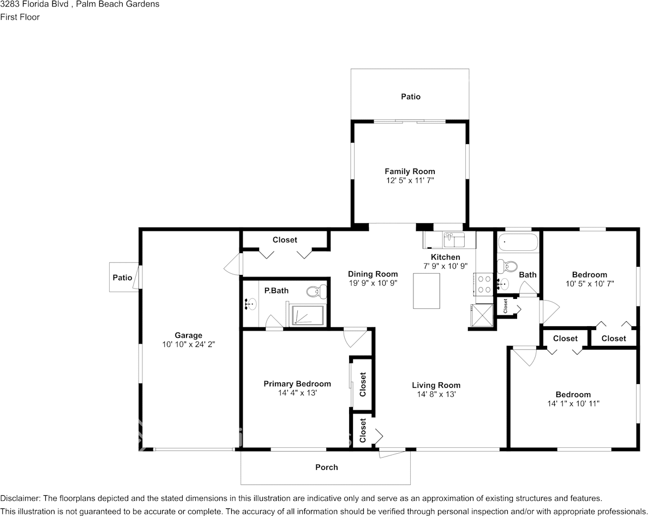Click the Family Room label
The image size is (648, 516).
pyautogui.click(x=410, y=171)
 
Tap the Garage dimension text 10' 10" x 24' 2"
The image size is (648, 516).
pyautogui.click(x=189, y=344)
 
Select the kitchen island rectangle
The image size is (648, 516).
pyautogui.click(x=427, y=290)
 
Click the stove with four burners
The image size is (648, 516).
pyautogui.click(x=484, y=284)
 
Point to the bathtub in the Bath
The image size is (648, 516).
pyautogui.click(x=518, y=242)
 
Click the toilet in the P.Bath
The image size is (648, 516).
pyautogui.click(x=314, y=291)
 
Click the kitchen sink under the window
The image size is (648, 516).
pyautogui.click(x=453, y=238)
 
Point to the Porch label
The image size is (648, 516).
pyautogui.click(x=326, y=467)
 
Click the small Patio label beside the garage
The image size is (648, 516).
pyautogui.click(x=122, y=278)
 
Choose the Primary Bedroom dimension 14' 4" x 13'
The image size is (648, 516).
pyautogui.click(x=297, y=392)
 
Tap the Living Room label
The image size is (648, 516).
pyautogui.click(x=436, y=385)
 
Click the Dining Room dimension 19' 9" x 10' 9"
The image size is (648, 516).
pyautogui.click(x=373, y=283)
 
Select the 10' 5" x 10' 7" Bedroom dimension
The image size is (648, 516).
pyautogui.click(x=589, y=284)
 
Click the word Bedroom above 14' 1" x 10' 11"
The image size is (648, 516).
pyautogui.click(x=573, y=394)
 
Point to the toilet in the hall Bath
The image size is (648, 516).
pyautogui.click(x=510, y=267)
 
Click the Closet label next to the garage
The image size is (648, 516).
pyautogui.click(x=285, y=240)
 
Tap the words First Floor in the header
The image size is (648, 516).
pyautogui.click(x=20, y=17)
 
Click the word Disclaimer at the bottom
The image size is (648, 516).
pyautogui.click(x=19, y=498)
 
